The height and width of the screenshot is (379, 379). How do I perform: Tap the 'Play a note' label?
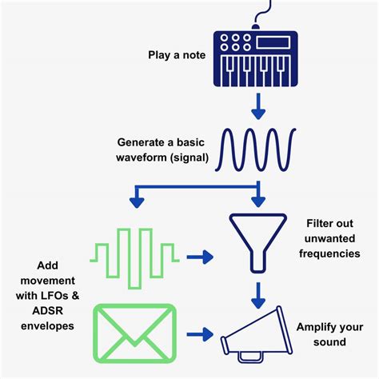point(176,55)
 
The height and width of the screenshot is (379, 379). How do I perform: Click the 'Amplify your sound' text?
point(332,334)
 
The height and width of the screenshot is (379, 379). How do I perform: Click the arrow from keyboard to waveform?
point(257,104)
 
